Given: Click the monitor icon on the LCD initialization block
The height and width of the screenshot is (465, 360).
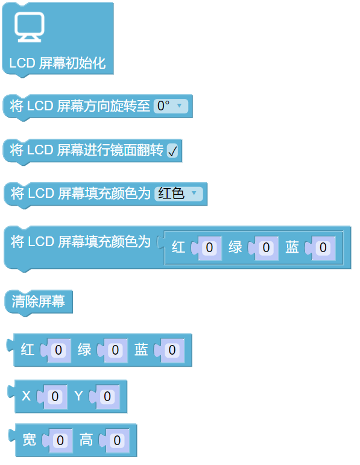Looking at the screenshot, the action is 30,27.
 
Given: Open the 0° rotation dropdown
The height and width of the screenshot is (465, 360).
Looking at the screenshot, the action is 171,106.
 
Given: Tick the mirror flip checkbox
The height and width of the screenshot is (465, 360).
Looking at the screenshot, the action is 172,150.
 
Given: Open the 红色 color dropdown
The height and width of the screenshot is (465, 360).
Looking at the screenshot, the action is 179,194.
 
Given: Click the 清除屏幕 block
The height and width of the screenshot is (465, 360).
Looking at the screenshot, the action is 39,302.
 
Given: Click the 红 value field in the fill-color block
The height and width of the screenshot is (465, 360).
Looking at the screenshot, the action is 209,248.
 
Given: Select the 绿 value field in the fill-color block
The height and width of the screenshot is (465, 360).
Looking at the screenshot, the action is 266,248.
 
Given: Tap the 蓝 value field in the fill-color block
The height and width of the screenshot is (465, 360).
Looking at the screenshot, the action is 323,248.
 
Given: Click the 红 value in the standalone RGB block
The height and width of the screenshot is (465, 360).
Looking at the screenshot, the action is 58,350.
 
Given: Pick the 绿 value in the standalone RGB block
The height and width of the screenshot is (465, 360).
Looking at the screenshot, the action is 115,350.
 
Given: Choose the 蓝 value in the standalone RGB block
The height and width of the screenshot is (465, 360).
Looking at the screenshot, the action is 172,350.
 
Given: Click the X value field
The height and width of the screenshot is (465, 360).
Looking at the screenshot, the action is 55,396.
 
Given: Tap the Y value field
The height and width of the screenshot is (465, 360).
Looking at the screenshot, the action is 107,396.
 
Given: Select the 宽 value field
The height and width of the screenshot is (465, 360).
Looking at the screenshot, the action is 60,440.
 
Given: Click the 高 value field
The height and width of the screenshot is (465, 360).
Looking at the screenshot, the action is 117,440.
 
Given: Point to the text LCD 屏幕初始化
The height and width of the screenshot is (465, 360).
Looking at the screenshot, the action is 57,63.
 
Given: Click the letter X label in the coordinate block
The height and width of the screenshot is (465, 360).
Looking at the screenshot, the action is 26,396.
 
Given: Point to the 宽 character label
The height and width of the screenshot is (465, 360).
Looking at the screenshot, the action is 30,440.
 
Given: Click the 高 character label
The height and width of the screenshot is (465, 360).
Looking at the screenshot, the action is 86,440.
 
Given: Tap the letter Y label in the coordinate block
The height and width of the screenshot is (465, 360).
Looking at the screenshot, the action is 78,396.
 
